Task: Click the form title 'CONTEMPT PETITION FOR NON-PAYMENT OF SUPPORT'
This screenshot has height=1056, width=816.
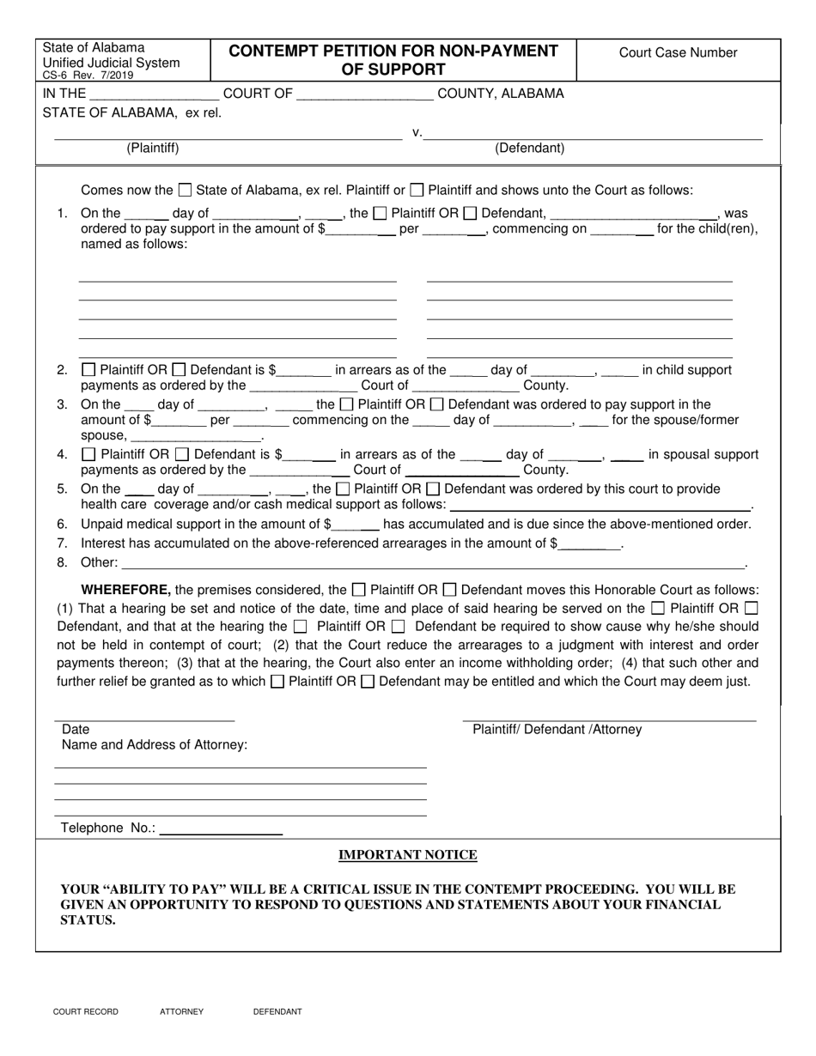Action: (x=393, y=60)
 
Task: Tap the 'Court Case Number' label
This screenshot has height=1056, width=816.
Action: (x=678, y=53)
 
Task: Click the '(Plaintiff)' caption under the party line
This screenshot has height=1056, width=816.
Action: (x=153, y=148)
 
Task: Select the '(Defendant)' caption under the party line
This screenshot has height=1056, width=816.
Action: (x=529, y=148)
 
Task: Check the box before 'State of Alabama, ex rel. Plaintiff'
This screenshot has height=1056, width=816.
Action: (x=185, y=191)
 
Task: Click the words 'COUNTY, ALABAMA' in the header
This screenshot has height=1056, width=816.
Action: (x=501, y=94)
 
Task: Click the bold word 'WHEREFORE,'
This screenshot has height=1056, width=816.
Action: (x=125, y=590)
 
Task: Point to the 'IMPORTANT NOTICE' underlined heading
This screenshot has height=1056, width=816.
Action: (x=408, y=855)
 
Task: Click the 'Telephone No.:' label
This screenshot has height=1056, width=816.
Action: (x=108, y=828)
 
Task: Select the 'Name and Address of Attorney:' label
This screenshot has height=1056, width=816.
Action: (x=155, y=745)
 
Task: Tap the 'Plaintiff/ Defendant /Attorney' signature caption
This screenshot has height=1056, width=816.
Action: (x=557, y=730)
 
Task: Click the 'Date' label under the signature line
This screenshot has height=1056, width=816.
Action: (x=76, y=730)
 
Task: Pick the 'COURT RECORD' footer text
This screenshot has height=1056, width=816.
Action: (x=86, y=1012)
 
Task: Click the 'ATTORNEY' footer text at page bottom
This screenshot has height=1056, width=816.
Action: (x=181, y=1012)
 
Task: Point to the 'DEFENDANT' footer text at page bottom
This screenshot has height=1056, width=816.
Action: (x=277, y=1012)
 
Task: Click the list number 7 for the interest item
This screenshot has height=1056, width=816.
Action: (x=62, y=543)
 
